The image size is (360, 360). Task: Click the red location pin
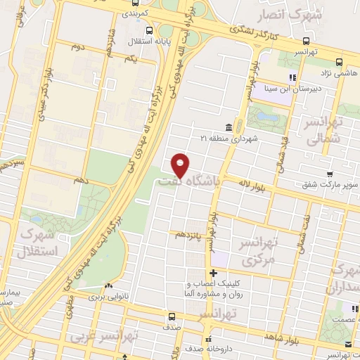(181, 165)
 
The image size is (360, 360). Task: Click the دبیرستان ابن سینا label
(264, 89)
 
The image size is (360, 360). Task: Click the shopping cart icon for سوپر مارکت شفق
(329, 173)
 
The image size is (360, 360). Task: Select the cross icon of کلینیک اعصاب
(212, 272)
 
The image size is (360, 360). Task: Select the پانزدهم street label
(190, 233)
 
